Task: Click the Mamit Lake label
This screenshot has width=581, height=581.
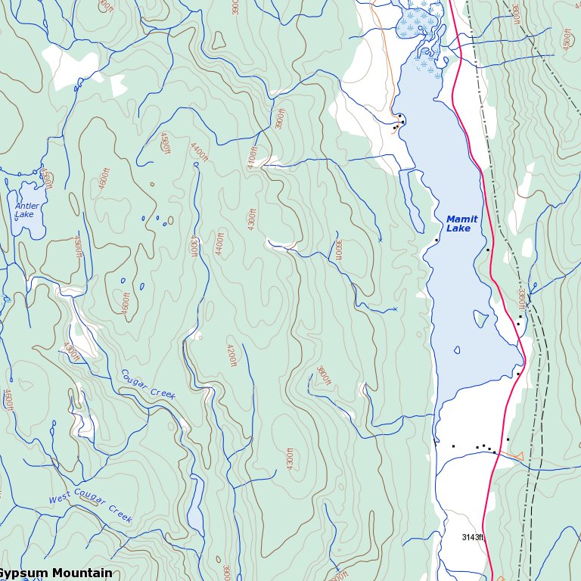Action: [x=461, y=224]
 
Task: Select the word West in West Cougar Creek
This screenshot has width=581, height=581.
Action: [x=62, y=499]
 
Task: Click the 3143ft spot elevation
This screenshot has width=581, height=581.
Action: [x=473, y=537]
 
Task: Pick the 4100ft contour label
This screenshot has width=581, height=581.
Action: [x=253, y=156]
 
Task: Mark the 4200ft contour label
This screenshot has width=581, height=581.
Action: [x=231, y=355]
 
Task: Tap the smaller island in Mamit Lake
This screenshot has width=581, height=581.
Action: [x=456, y=350]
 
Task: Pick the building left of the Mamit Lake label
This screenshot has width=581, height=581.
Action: [x=437, y=240]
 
